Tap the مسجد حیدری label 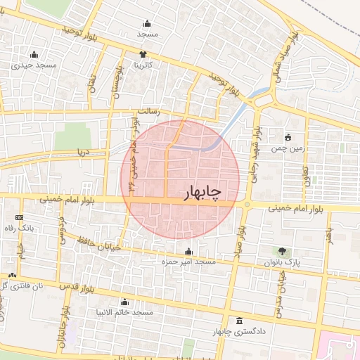pyautogui.click(x=33, y=65)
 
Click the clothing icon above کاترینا pyautogui.click(x=143, y=54)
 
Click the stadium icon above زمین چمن pyautogui.click(x=288, y=137)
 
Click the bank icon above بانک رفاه pyautogui.click(x=18, y=218)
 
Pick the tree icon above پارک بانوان pyautogui.click(x=282, y=250)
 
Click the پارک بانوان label pyautogui.click(x=282, y=262)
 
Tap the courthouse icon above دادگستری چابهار pyautogui.click(x=239, y=321)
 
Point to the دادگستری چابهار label pyautogui.click(x=239, y=331)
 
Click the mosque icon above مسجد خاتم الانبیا pyautogui.click(x=124, y=302)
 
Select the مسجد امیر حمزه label pyautogui.click(x=188, y=262)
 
